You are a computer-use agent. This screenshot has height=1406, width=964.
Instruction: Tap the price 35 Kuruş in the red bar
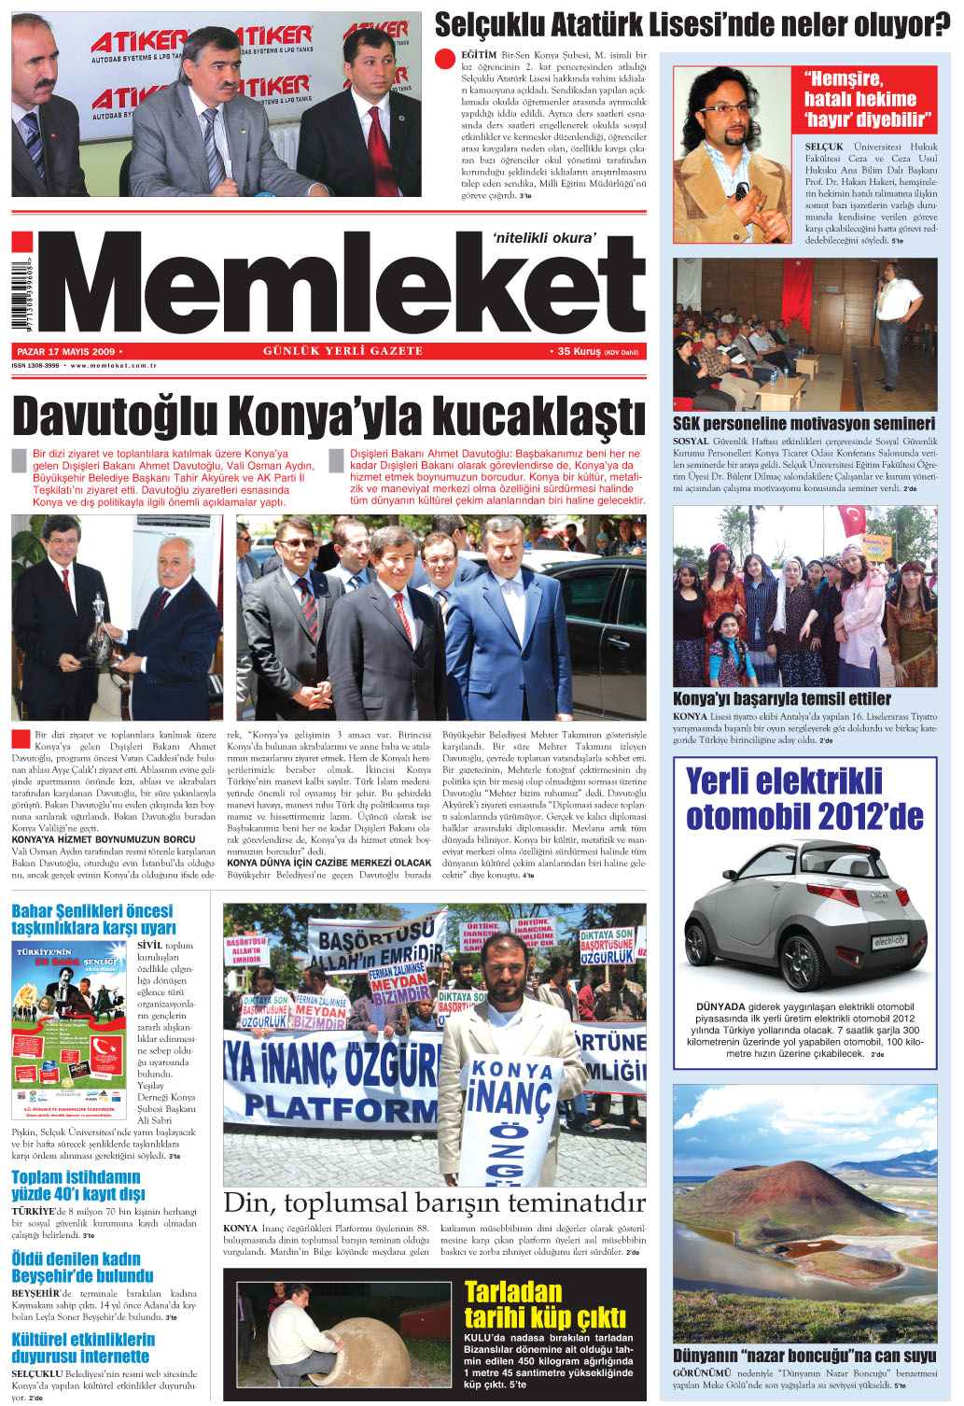click(580, 352)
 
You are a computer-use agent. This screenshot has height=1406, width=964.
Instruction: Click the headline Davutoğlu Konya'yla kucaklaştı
click(328, 417)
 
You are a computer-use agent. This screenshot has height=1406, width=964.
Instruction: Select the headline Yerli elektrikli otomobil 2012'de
click(803, 798)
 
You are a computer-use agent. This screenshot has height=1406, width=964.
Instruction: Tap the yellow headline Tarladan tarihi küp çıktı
click(544, 1304)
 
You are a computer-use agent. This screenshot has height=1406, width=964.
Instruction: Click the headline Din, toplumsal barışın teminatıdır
click(434, 1202)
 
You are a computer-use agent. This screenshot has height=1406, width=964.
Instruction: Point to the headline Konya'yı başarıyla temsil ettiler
click(781, 698)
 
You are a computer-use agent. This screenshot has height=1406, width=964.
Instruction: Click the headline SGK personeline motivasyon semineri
click(803, 423)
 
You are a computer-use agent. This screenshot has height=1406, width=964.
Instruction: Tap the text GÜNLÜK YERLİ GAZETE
click(342, 352)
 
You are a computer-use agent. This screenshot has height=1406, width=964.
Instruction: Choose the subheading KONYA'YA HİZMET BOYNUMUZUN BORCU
click(103, 839)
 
